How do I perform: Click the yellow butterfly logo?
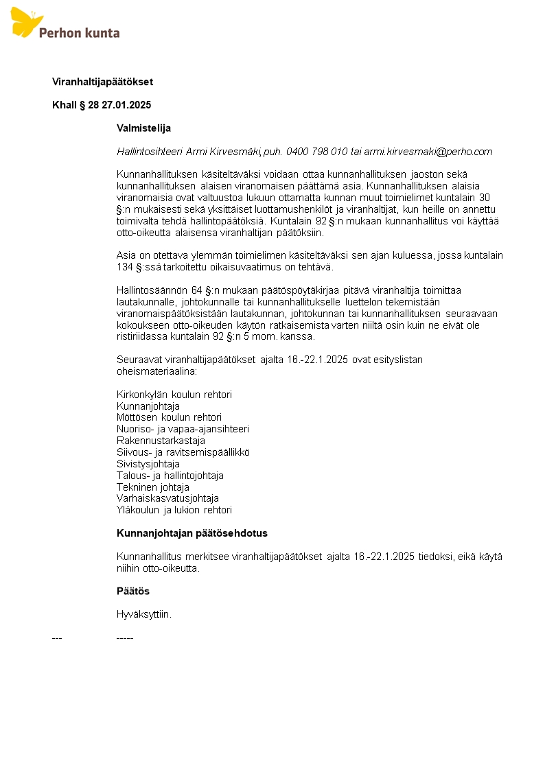click(26, 22)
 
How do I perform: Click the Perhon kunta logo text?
click(80, 32)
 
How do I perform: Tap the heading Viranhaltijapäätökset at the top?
click(102, 82)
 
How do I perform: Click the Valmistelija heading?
click(143, 128)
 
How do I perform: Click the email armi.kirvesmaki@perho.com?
click(428, 152)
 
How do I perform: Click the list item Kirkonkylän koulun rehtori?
click(174, 395)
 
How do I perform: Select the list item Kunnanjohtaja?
click(148, 406)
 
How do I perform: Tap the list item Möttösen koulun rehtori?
click(169, 417)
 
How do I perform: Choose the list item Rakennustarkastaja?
click(161, 441)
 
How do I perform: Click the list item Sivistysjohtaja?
click(148, 464)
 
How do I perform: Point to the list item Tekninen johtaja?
click(153, 487)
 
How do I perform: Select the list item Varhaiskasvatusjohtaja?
click(167, 498)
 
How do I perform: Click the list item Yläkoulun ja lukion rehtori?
click(174, 510)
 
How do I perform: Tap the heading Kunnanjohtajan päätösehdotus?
click(192, 533)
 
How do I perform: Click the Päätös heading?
click(133, 591)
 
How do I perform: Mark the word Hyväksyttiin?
click(144, 614)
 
